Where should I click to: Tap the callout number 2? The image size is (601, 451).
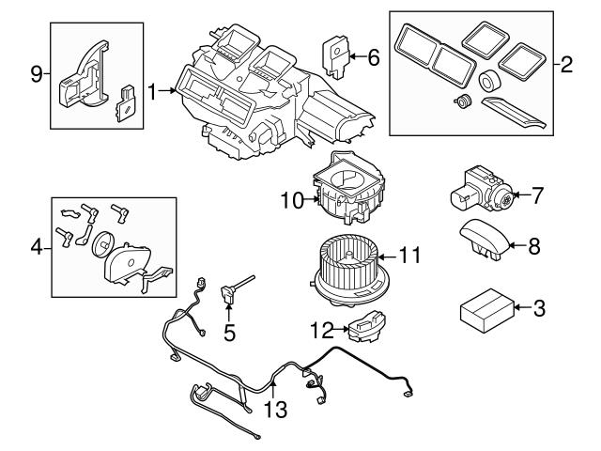[565, 66]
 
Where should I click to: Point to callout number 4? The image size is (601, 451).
[36, 248]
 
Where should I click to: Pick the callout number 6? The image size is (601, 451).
[373, 58]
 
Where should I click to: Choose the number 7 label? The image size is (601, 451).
[537, 197]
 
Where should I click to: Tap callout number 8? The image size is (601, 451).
[534, 246]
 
